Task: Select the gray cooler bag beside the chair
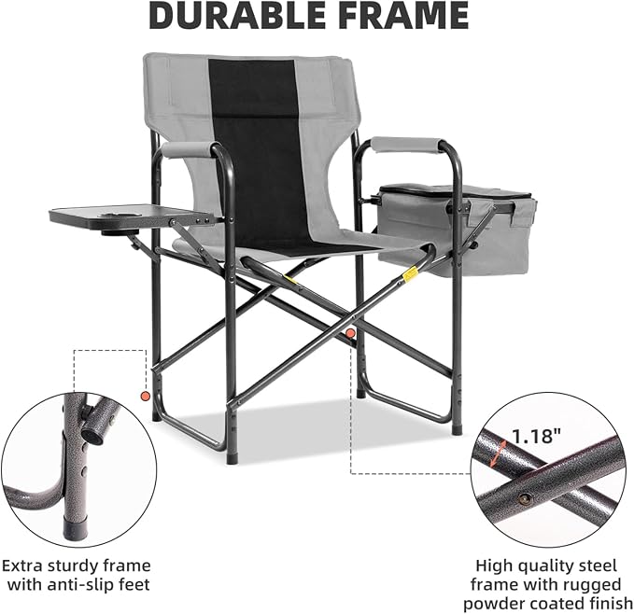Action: [455, 230]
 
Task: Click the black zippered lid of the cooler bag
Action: [455, 192]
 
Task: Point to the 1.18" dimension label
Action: [537, 437]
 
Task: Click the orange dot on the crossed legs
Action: [350, 333]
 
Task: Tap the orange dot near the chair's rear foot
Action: [145, 397]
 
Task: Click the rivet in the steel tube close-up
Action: [525, 499]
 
